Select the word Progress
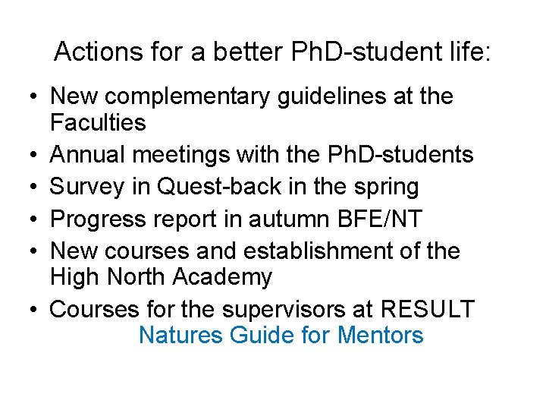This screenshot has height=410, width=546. tap(100, 219)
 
